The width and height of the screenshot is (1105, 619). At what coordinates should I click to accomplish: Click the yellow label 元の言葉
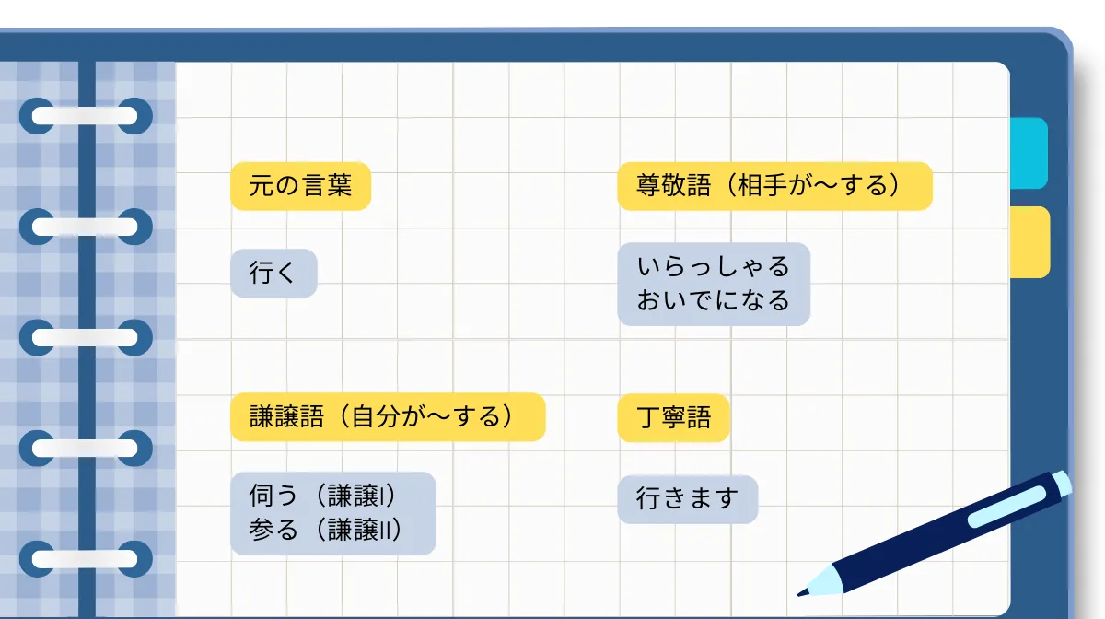[300, 186]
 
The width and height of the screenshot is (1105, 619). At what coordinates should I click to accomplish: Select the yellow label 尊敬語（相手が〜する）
[774, 186]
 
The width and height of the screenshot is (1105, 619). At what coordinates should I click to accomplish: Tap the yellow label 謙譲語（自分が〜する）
[388, 417]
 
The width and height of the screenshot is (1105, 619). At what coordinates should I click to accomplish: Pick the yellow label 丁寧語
[673, 417]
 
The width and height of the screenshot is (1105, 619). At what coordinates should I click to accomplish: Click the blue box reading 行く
[273, 273]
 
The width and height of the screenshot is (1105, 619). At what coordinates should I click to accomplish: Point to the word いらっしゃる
[714, 267]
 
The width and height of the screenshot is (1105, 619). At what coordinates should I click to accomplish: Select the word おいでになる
[714, 300]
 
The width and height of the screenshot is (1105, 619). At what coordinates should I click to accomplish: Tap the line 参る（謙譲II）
[326, 531]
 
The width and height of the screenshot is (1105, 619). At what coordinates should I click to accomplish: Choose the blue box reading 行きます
[687, 499]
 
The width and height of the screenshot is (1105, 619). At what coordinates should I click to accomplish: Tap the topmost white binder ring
[85, 116]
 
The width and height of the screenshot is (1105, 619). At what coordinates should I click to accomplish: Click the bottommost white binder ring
[85, 558]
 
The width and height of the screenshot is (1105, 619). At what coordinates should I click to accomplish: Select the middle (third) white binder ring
[85, 337]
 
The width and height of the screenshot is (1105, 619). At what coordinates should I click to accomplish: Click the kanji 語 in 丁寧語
[699, 417]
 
